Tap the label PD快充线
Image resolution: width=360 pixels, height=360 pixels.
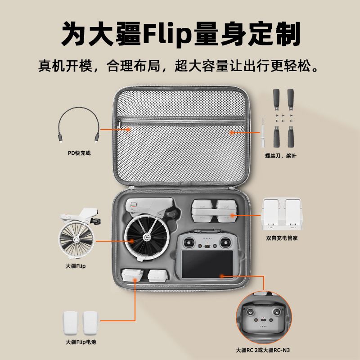(79, 153)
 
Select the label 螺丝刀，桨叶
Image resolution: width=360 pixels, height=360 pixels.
(281, 156)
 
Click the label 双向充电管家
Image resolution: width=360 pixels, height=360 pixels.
(282, 238)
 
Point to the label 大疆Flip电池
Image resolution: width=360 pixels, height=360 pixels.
(81, 342)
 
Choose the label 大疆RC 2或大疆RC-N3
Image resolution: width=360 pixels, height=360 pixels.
(263, 350)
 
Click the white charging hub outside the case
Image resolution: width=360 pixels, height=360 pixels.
(282, 214)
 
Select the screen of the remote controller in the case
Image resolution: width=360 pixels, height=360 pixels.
(207, 264)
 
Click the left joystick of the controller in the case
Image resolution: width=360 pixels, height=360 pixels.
(189, 243)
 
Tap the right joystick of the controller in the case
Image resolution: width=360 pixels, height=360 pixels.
(225, 243)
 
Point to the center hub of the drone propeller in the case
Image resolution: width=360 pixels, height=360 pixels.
(146, 237)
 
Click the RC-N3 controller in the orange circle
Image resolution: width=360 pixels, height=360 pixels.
(264, 318)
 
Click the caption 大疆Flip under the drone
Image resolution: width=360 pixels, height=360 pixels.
(76, 266)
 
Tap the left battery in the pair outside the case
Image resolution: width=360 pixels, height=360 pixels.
(71, 323)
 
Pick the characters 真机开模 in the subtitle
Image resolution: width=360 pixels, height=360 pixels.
(65, 66)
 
